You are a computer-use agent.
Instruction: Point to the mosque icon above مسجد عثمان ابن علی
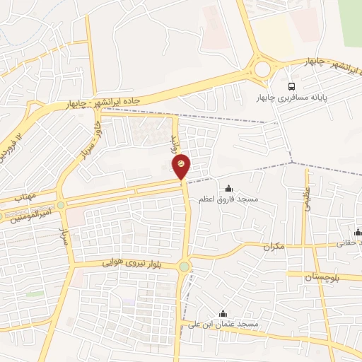coord(223,313)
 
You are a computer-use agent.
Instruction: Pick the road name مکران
coord(272,247)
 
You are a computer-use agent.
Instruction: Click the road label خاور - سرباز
coord(86,139)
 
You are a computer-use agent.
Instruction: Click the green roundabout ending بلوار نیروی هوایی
coord(185,267)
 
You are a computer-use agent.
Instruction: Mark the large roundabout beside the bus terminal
coord(263,69)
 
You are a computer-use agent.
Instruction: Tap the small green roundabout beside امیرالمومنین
coord(61,205)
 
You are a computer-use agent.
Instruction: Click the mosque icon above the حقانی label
coord(358,232)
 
